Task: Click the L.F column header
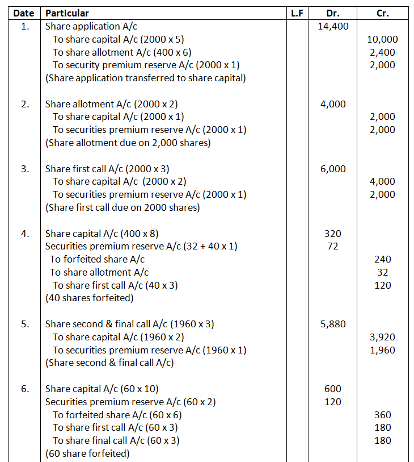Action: pos(297,13)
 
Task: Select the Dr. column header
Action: pos(332,13)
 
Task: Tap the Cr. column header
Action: pos(383,13)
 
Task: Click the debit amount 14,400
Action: pos(333,26)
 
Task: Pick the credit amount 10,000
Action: pos(383,39)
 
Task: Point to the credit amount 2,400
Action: pos(383,52)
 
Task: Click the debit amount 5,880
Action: pos(333,324)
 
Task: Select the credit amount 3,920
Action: pos(383,337)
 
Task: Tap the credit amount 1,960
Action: pos(383,350)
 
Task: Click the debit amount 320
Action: pos(333,234)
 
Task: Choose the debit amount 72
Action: pos(333,247)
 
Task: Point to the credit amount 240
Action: pos(383,259)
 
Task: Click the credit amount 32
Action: pos(383,272)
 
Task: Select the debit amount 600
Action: pos(333,389)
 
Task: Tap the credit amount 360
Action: pos(383,415)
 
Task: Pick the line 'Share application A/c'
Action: pos(91,26)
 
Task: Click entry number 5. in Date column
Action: pos(24,324)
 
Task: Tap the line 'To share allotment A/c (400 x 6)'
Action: pos(122,52)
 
